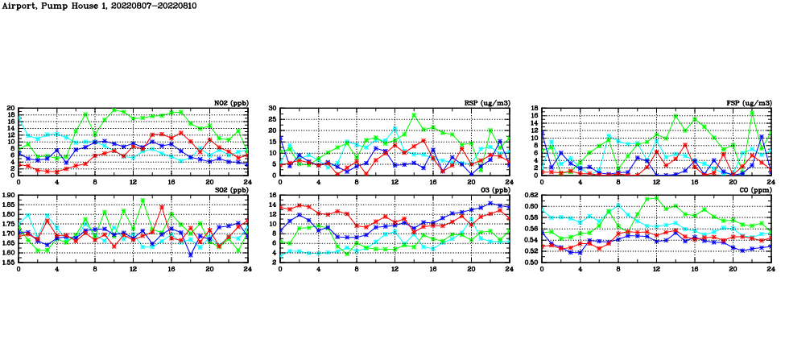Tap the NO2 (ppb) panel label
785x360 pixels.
point(230,103)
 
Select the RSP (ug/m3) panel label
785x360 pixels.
point(487,103)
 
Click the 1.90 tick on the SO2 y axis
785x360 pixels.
point(8,195)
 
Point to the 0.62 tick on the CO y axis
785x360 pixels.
point(531,195)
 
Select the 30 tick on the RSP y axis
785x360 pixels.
point(273,108)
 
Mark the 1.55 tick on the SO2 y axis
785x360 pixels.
point(8,263)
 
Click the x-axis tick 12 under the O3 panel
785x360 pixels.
point(395,269)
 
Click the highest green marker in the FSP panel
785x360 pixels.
point(752,111)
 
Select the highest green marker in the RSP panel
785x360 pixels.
point(414,114)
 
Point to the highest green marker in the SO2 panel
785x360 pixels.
point(143,201)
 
